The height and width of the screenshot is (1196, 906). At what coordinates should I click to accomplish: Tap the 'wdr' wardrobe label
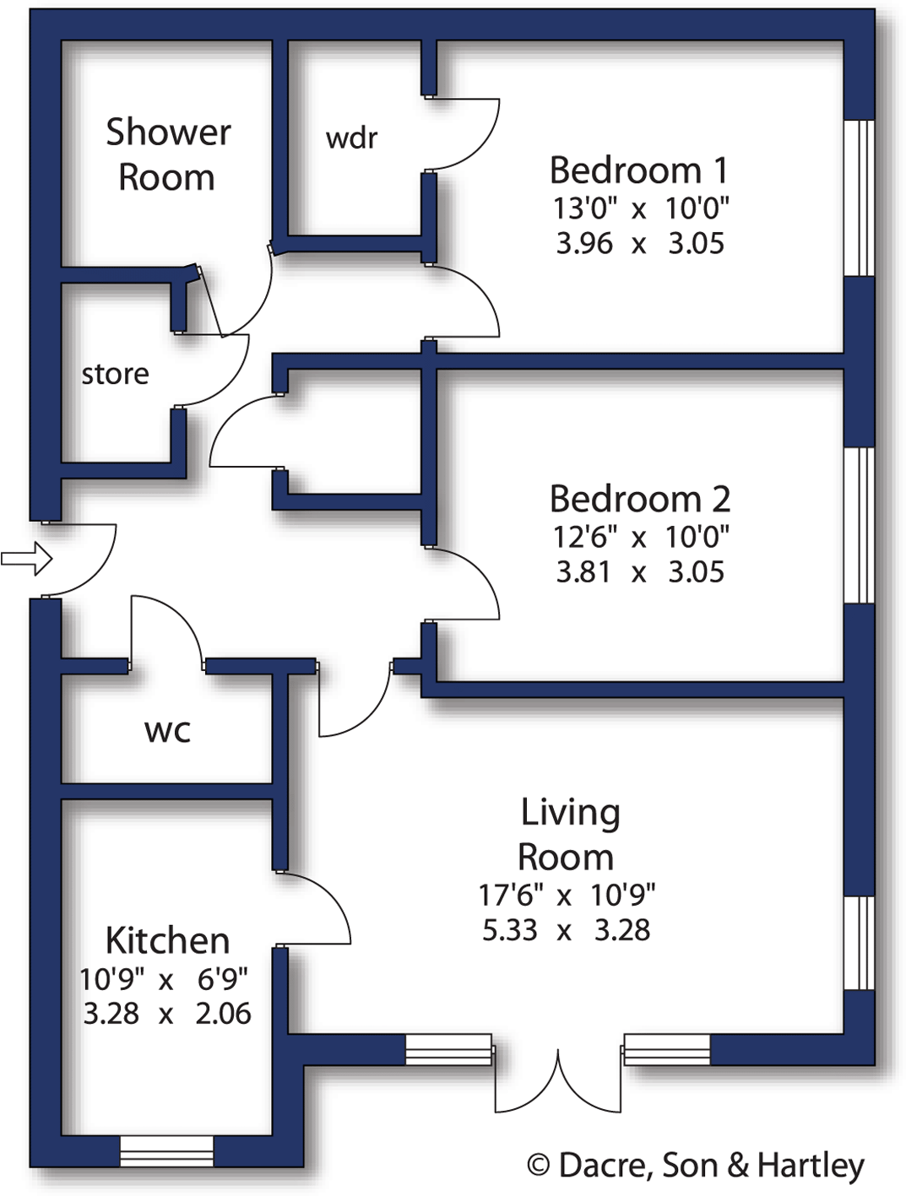[351, 138]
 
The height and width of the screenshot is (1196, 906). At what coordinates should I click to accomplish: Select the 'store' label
[115, 374]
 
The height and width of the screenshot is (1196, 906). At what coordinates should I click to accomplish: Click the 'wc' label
[167, 730]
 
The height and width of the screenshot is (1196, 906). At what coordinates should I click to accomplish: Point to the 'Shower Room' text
[167, 154]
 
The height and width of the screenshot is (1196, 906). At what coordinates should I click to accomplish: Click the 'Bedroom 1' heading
[638, 170]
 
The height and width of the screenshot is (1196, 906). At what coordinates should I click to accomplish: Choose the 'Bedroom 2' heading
[639, 499]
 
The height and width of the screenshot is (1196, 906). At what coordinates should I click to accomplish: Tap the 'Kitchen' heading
[167, 940]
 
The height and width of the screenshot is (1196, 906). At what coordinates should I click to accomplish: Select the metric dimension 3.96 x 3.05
[639, 244]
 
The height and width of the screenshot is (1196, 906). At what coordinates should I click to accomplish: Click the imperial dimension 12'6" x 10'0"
[640, 536]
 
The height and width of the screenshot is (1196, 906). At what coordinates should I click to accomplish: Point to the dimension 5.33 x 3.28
[566, 930]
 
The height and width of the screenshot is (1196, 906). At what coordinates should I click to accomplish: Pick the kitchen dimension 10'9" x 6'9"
[164, 979]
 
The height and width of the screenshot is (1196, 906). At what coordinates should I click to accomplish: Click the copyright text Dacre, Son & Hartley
[695, 1165]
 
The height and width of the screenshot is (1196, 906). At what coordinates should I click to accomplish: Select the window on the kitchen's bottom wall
[166, 1151]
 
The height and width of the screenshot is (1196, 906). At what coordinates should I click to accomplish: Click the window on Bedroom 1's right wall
[860, 198]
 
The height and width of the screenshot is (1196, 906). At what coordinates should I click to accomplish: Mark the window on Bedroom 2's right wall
[860, 525]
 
